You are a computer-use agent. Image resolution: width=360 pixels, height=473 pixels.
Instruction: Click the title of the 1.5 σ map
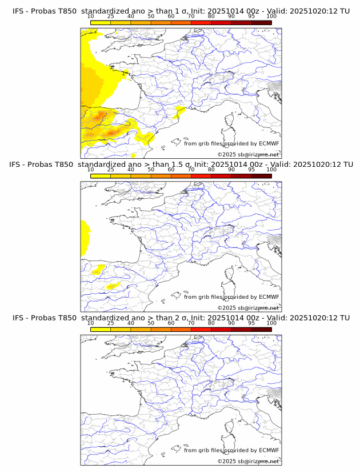(x=181, y=165)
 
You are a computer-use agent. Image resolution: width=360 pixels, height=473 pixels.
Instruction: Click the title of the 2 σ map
(x=181, y=318)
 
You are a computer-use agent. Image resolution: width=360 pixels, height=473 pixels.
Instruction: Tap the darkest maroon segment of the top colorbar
(x=261, y=23)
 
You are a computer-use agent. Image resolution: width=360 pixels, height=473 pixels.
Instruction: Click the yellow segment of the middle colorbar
(x=100, y=176)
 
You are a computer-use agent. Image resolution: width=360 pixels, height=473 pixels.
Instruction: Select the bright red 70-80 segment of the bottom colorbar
(x=201, y=329)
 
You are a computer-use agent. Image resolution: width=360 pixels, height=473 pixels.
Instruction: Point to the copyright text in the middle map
(x=248, y=307)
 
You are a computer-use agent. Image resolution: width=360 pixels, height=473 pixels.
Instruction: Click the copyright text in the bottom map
(x=248, y=461)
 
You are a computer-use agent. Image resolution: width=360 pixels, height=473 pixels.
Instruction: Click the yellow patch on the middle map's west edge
(x=85, y=237)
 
